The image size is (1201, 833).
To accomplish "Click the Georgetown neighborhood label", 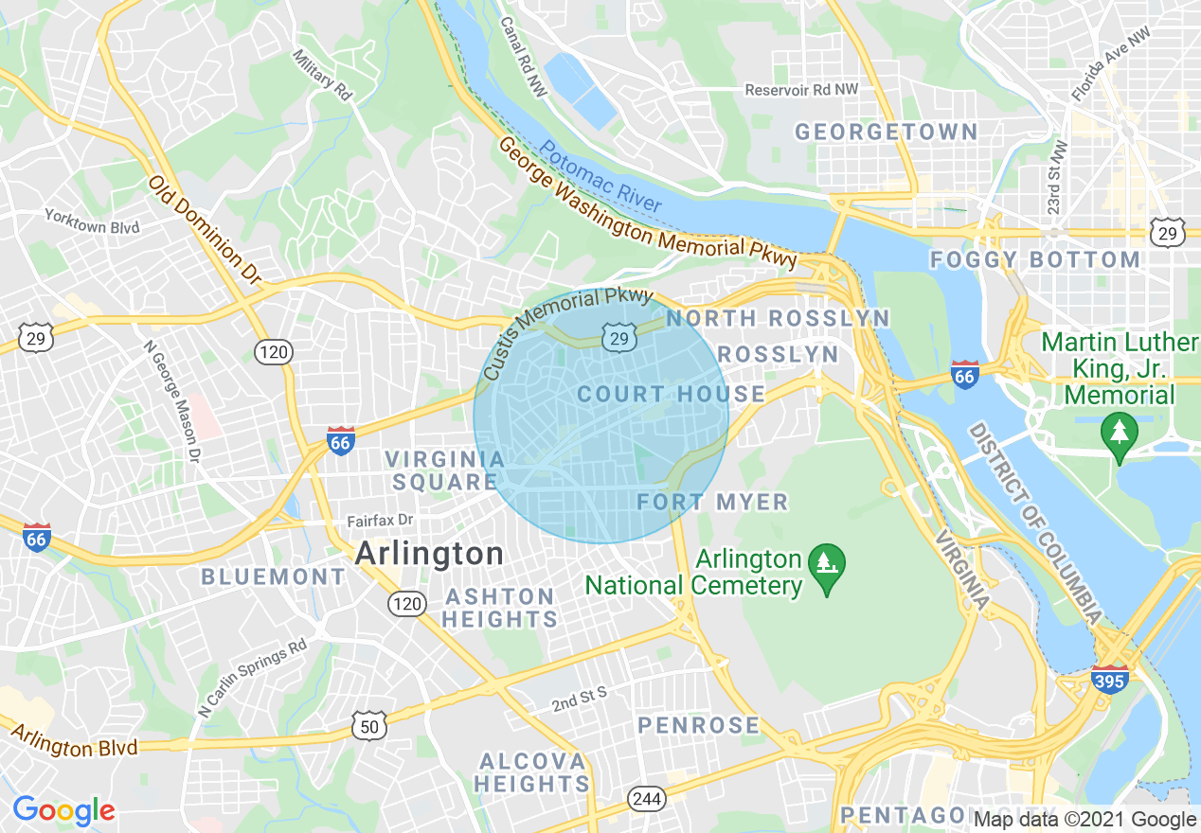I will (x=886, y=132).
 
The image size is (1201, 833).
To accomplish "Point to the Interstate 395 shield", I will (x=1108, y=680).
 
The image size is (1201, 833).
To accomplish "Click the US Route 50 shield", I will (x=368, y=726).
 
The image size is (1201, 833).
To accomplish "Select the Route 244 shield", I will (x=646, y=799).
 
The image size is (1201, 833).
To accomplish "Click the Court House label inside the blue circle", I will (x=671, y=394).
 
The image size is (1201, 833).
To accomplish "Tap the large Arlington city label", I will (x=429, y=554).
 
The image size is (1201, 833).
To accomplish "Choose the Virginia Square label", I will (x=444, y=470).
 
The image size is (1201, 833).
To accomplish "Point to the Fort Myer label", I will (x=712, y=502).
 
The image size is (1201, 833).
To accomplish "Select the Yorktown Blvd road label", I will (x=92, y=222).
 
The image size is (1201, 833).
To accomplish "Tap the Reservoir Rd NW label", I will (x=801, y=90).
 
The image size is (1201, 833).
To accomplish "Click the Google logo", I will (x=63, y=810).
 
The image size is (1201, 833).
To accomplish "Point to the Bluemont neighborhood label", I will (x=273, y=576).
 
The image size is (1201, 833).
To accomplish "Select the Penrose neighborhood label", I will (x=698, y=726).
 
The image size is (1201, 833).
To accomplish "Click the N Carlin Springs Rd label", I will (x=253, y=677).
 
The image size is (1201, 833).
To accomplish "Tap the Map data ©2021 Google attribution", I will (x=1085, y=820).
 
